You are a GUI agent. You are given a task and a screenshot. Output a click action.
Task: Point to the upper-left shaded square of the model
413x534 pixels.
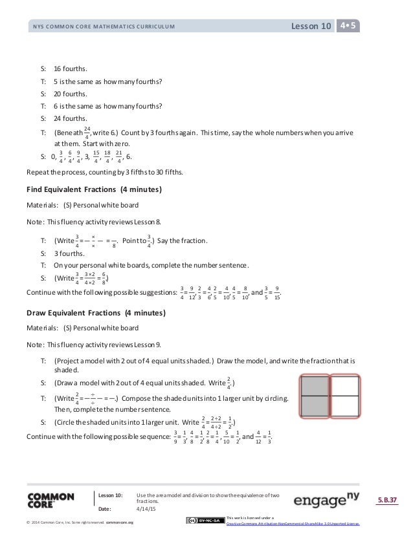315,386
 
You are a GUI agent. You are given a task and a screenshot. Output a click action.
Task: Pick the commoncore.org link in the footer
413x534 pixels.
120,522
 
